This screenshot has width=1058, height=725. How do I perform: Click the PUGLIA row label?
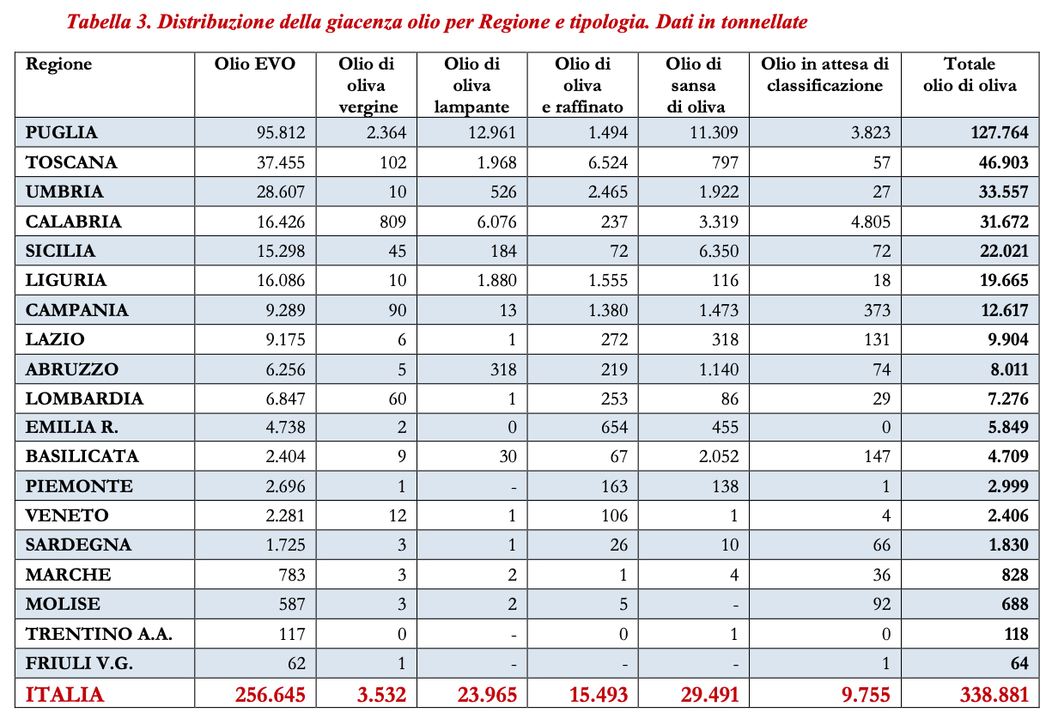click(x=62, y=133)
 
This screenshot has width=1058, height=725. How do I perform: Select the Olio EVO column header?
click(x=254, y=64)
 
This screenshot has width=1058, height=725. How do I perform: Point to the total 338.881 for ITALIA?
click(x=994, y=694)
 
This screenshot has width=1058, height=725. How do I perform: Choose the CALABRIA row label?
click(x=74, y=222)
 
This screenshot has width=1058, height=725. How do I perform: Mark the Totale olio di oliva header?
click(x=969, y=75)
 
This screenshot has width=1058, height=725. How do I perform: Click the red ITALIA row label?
click(x=65, y=694)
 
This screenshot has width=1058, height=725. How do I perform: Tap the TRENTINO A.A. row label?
click(x=100, y=634)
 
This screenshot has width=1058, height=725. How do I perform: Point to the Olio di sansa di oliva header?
click(x=694, y=85)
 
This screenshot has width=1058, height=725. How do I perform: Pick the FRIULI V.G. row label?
click(x=80, y=664)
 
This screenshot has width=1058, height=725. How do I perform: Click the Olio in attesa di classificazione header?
click(x=824, y=75)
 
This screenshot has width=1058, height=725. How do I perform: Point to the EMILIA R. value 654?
click(x=613, y=427)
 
